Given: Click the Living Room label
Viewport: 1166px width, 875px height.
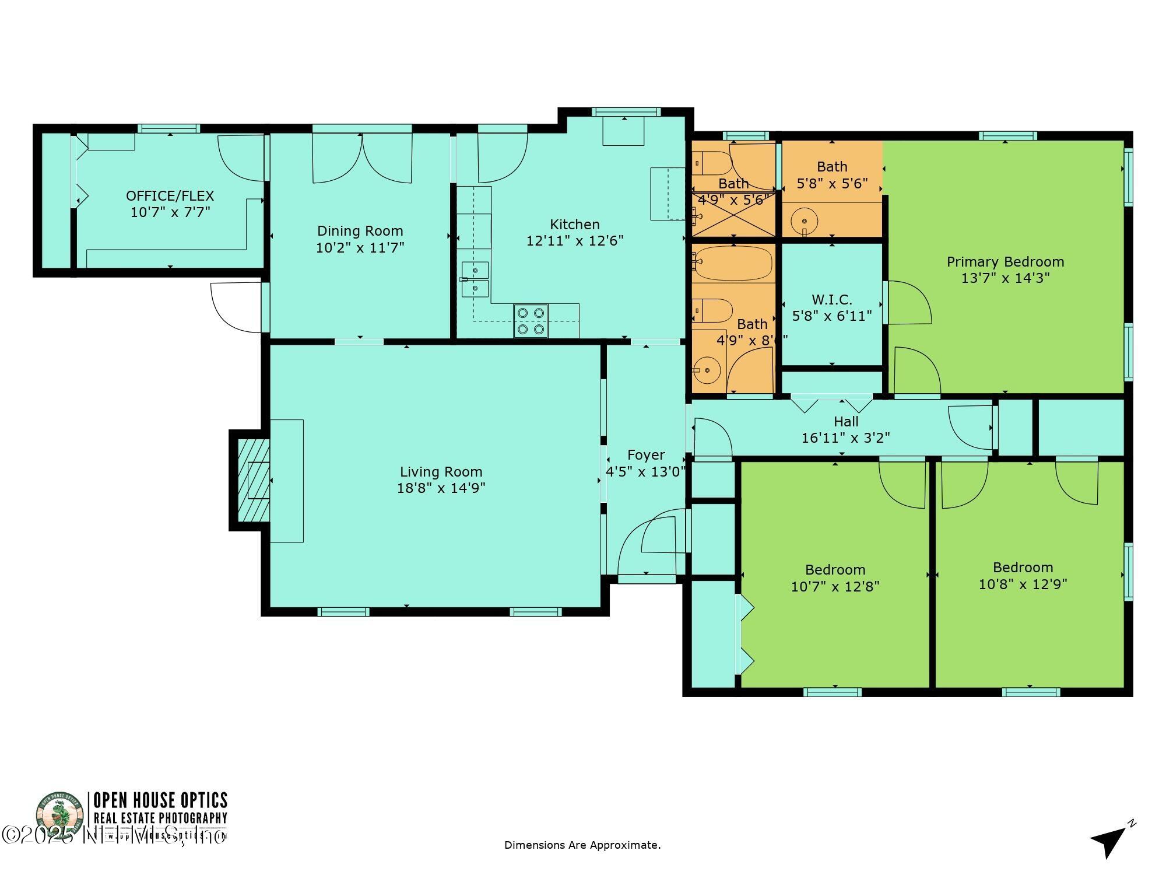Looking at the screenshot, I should click(441, 471).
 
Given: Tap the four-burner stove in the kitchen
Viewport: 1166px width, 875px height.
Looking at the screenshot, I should click(531, 321).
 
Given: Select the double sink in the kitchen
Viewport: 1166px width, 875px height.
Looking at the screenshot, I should click(475, 279).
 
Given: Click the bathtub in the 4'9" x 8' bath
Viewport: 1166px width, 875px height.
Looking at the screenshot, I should click(733, 264).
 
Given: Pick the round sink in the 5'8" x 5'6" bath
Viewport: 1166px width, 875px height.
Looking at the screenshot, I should click(805, 222).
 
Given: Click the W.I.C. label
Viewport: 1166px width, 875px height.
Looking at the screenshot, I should click(831, 300).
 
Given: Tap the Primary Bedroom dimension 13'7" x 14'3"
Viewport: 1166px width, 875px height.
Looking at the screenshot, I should click(1005, 278).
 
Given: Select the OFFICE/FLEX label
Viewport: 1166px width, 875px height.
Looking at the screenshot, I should click(170, 196).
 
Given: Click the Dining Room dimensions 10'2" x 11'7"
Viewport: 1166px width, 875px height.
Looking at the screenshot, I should click(360, 248).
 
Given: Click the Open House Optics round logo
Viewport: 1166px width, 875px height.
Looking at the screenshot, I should click(60, 815).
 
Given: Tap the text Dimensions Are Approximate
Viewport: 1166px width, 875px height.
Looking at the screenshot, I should click(582, 845).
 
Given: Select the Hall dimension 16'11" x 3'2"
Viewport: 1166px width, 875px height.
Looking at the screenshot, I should click(845, 437).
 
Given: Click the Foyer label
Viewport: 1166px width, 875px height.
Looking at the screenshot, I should click(645, 455).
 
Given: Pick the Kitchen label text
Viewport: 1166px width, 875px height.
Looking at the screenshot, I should click(574, 225).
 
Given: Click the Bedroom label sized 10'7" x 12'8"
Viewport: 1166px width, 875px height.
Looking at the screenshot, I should click(835, 570).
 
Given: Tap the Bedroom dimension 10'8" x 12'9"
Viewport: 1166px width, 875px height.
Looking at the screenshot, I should click(1023, 584).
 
